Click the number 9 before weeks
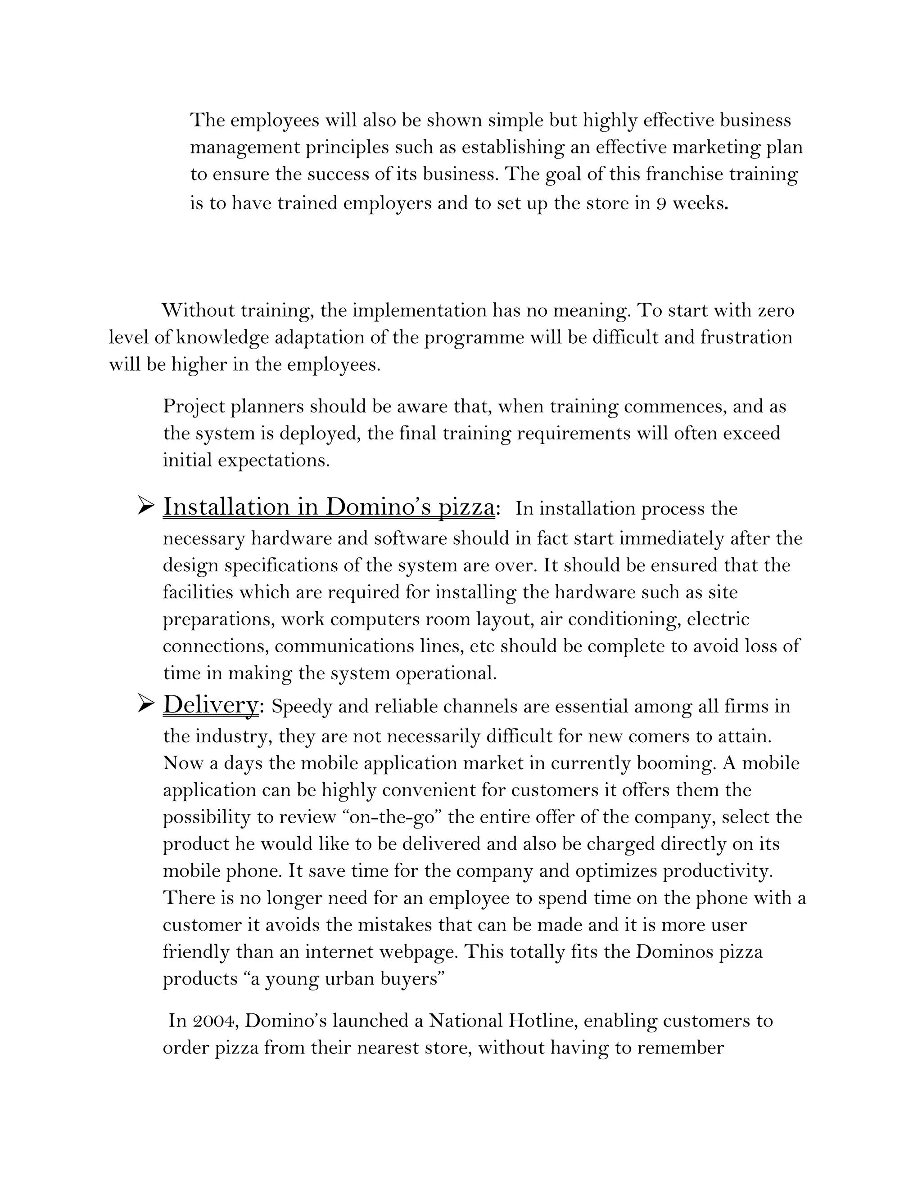tap(661, 204)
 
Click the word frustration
tap(746, 337)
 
